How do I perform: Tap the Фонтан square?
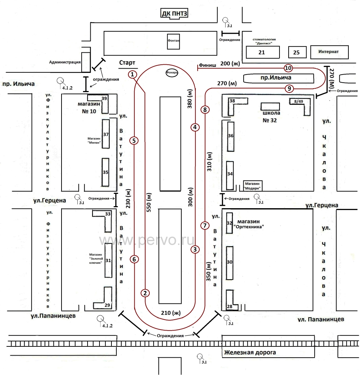174,41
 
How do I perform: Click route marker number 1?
132,74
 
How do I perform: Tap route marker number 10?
288,68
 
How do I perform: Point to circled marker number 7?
205,226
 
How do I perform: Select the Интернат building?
329,52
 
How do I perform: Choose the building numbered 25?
296,52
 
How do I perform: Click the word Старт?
127,63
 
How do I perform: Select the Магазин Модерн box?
253,186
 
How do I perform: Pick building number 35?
105,172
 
